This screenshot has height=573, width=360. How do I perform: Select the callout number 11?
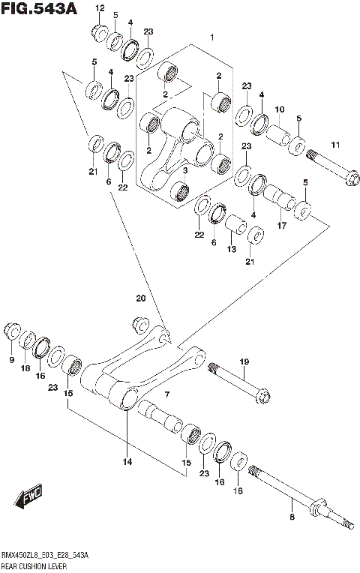click(335, 144)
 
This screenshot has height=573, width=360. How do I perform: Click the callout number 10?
click(279, 109)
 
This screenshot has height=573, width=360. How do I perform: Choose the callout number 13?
click(231, 249)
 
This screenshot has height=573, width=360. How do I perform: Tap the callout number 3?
click(184, 170)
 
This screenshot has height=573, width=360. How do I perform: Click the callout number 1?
click(212, 37)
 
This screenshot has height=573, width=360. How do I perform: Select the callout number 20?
click(140, 298)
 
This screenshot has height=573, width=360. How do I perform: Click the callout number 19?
click(244, 362)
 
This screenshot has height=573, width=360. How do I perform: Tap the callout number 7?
click(167, 394)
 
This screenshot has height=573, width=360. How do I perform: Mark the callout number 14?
click(127, 461)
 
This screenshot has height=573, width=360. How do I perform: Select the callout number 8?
click(292, 517)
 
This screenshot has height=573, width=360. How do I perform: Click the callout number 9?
click(11, 361)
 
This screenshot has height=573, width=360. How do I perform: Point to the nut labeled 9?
click(11, 331)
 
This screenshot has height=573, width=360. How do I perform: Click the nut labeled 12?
click(99, 32)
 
